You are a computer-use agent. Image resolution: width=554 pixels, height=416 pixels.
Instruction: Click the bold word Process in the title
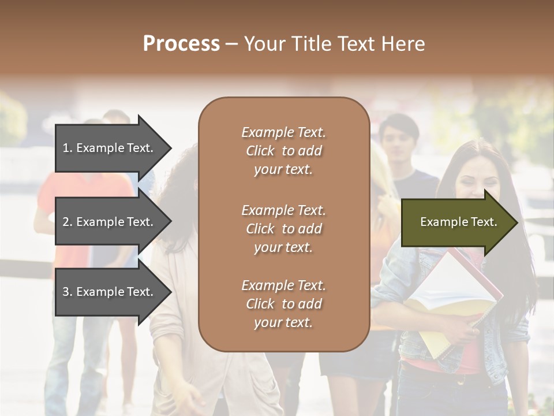click(x=181, y=44)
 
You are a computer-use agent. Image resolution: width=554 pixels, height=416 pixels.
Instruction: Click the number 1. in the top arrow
click(x=68, y=148)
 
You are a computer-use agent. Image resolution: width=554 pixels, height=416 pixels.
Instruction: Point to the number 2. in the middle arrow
click(x=68, y=222)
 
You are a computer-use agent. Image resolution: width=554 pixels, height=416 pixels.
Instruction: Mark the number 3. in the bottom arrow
click(x=68, y=292)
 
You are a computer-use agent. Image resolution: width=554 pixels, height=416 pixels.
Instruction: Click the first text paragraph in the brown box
click(x=283, y=151)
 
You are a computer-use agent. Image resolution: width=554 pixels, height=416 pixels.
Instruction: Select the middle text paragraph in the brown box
click(x=283, y=229)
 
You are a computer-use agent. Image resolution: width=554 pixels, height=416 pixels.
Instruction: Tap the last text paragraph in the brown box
click(x=283, y=304)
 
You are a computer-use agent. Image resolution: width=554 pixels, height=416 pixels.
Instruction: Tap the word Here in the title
click(x=403, y=44)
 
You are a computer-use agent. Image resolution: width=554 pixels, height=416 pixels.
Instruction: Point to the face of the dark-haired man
click(x=399, y=139)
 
